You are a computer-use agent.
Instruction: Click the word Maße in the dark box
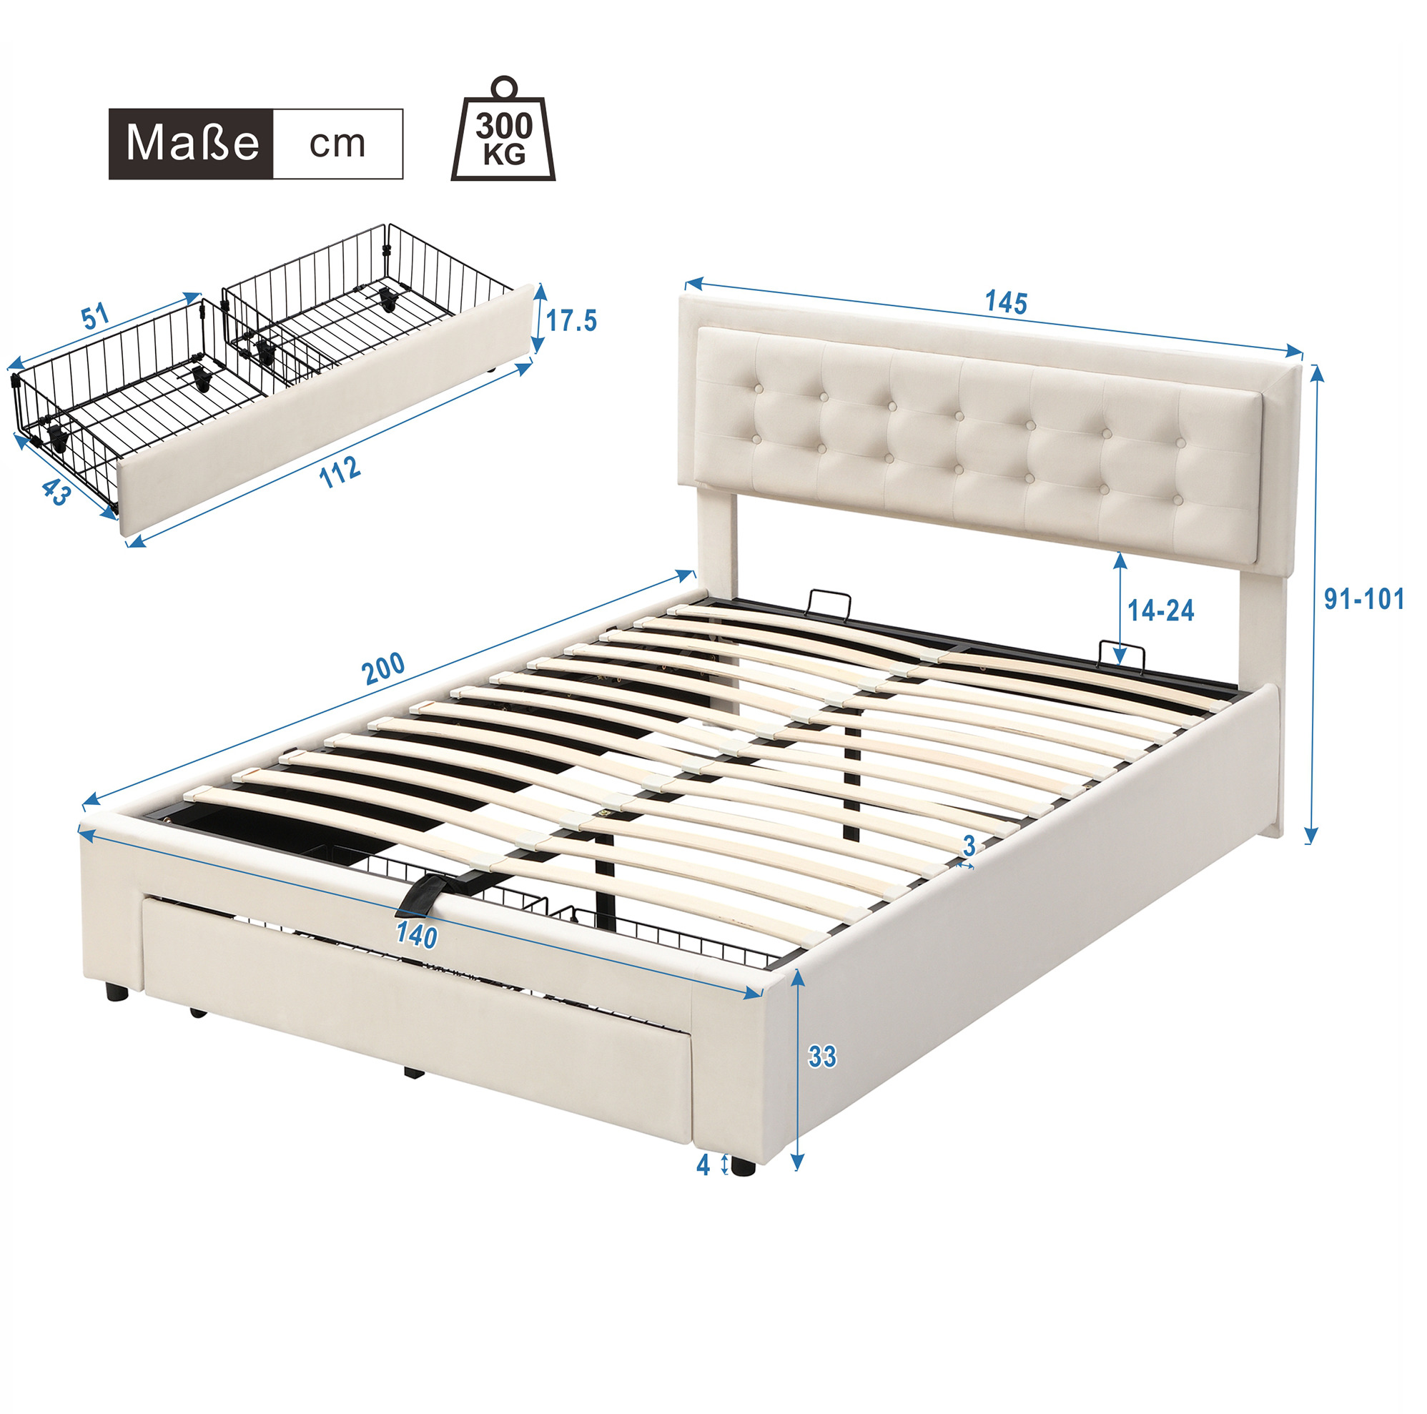coord(193,143)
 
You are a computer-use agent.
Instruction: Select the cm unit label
coord(337,144)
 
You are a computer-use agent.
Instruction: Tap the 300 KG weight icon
coord(504,129)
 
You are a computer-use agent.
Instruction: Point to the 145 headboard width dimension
coord(1006,302)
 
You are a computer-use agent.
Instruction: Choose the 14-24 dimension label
coord(1161,610)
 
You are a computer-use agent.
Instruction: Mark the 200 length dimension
coord(383,668)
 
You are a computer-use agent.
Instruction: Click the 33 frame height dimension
coord(822,1057)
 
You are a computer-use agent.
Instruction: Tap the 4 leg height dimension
coord(703,1165)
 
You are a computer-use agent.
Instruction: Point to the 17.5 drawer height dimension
coord(571,320)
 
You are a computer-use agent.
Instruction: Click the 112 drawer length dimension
coord(340,472)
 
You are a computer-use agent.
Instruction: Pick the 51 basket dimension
coord(95,317)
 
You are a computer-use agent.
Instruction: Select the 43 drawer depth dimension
coord(55,492)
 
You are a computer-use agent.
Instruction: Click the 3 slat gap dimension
coord(969,846)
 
